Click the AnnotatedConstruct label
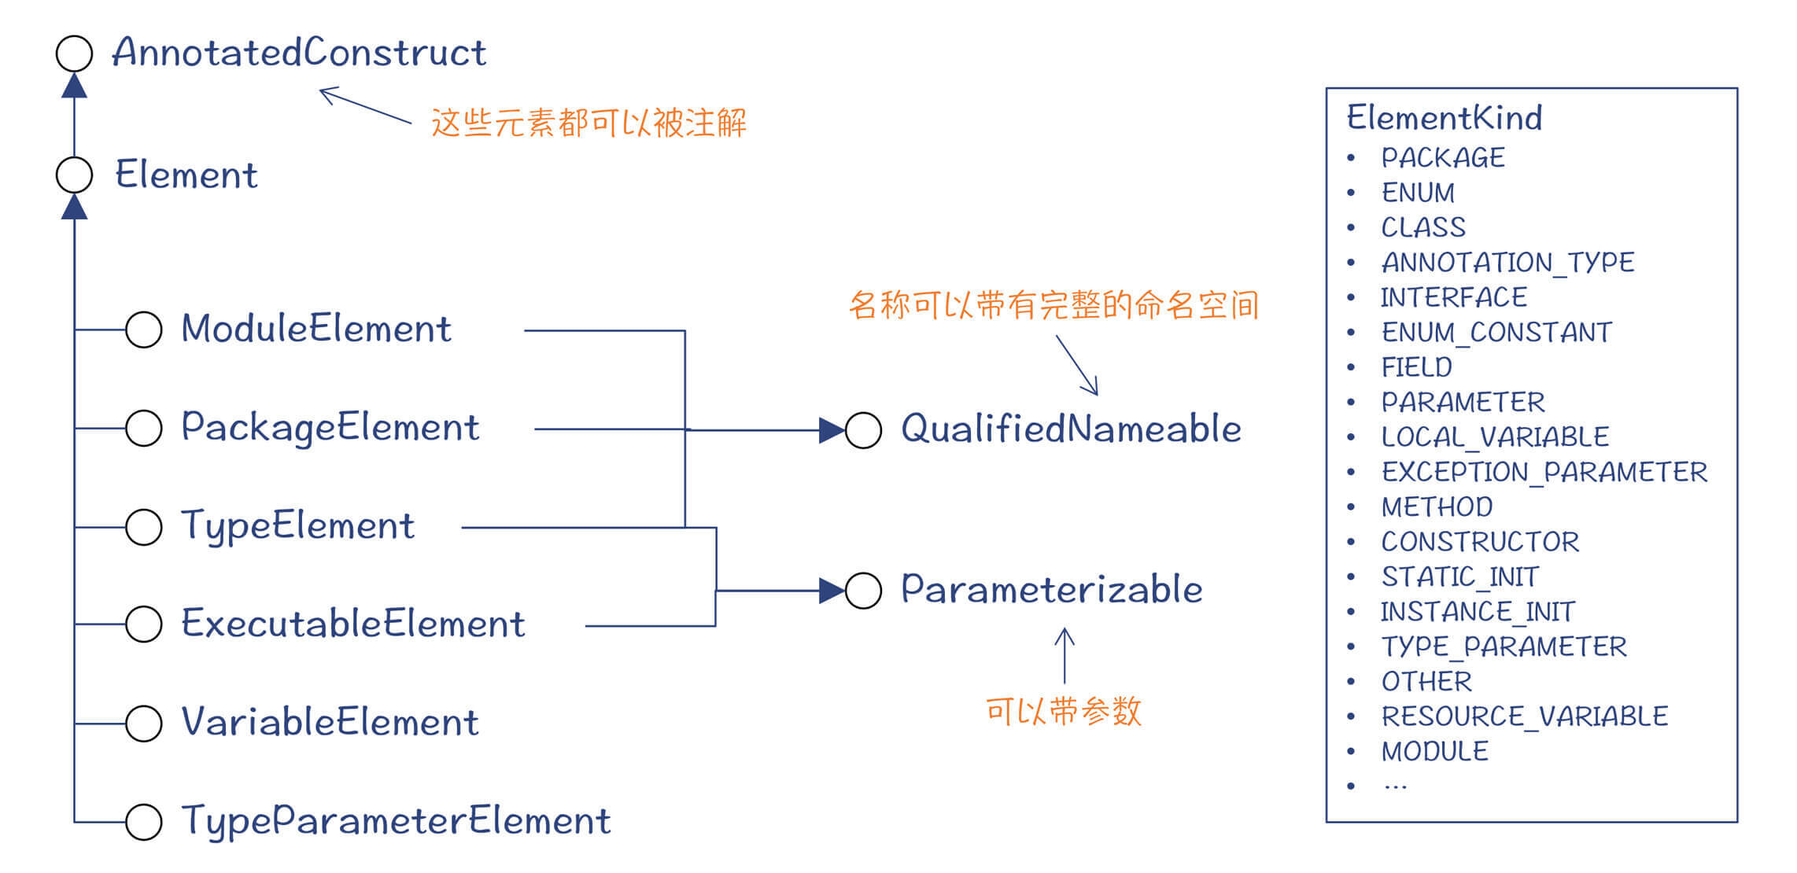tap(299, 53)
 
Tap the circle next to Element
tap(75, 175)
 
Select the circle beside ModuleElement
tap(144, 330)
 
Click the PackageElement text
tap(330, 428)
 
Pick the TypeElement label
tap(297, 526)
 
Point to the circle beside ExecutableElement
tap(144, 624)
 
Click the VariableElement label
tap(330, 722)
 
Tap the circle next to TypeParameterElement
tap(144, 822)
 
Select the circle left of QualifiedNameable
tap(863, 430)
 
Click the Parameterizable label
tap(1051, 590)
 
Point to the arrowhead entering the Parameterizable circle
tap(831, 591)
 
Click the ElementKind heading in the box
tap(1444, 118)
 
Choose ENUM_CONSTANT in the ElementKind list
tap(1496, 333)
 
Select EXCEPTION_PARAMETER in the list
tap(1544, 472)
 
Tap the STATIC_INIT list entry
tap(1459, 577)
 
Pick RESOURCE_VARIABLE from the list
tap(1524, 716)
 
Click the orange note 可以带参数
tap(1063, 712)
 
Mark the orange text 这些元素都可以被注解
tap(589, 123)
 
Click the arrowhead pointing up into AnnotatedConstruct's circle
tap(75, 85)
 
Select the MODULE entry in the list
tap(1434, 752)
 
